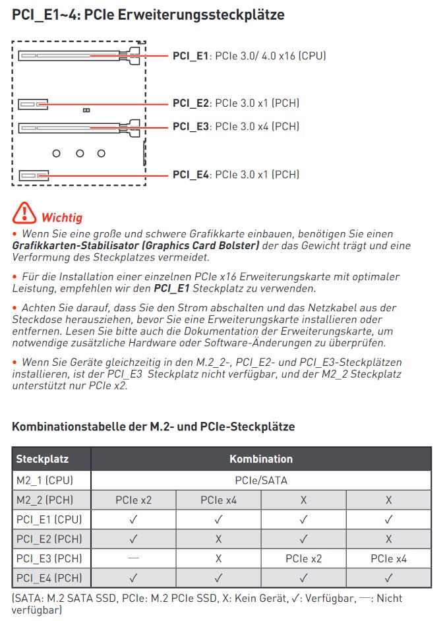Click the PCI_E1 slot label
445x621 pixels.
pyautogui.click(x=191, y=56)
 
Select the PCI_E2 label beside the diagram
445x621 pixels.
pyautogui.click(x=191, y=103)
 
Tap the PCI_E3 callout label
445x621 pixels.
pyautogui.click(x=191, y=127)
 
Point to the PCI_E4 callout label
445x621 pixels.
pyautogui.click(x=191, y=175)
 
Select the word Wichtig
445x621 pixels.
pyautogui.click(x=62, y=218)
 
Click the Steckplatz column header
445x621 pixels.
pyautogui.click(x=43, y=459)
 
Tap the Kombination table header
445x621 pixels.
pyautogui.click(x=261, y=459)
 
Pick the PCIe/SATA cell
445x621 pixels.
pyautogui.click(x=261, y=480)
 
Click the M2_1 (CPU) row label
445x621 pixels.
pyautogui.click(x=45, y=480)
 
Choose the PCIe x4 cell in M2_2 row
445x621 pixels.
pyautogui.click(x=218, y=500)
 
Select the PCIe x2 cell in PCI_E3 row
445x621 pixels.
pyautogui.click(x=303, y=559)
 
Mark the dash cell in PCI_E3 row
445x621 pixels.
pyautogui.click(x=133, y=558)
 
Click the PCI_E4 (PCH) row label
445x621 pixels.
pyautogui.click(x=49, y=579)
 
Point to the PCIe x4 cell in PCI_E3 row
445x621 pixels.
pyautogui.click(x=388, y=559)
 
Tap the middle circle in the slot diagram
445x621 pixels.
pyautogui.click(x=80, y=153)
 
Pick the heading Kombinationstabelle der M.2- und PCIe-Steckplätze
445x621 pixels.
pyautogui.click(x=153, y=427)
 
